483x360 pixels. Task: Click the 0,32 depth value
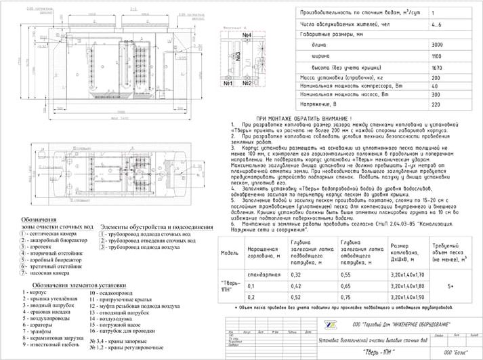pos(296,256)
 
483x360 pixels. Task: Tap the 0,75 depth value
pos(349,278)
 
